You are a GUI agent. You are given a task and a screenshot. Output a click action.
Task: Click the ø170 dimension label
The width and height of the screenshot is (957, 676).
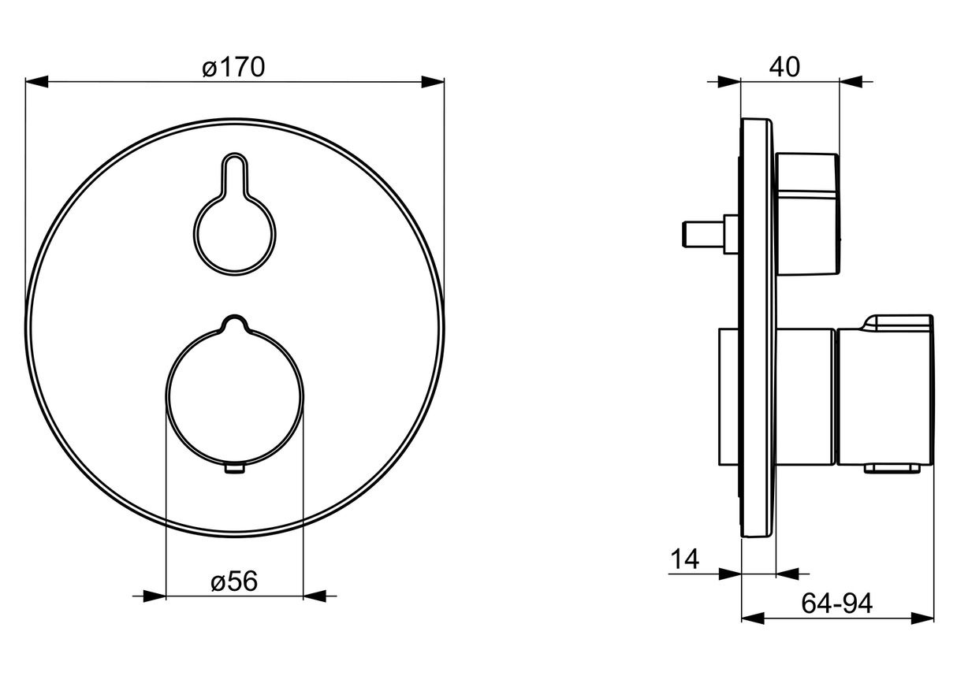[x=233, y=68]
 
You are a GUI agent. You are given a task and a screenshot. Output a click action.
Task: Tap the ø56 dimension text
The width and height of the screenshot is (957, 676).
[x=234, y=581]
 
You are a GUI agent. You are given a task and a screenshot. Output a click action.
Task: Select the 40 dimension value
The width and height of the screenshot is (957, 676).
[x=784, y=68]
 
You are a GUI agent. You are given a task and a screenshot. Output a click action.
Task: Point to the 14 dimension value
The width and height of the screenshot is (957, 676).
[x=685, y=559]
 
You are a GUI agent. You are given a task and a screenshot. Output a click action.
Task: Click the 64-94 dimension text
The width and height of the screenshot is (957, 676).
[x=837, y=604]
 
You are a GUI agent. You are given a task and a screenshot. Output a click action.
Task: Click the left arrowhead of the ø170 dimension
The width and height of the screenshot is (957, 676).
[x=37, y=82]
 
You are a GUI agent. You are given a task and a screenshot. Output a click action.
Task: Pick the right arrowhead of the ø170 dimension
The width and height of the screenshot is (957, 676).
[x=433, y=82]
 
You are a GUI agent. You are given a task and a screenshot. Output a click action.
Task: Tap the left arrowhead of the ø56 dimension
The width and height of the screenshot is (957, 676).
[x=155, y=596]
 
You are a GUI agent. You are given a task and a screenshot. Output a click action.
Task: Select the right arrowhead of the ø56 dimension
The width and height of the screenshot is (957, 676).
[x=315, y=596]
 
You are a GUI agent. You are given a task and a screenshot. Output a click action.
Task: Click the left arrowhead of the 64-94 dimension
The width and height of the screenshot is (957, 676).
[x=753, y=618]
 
